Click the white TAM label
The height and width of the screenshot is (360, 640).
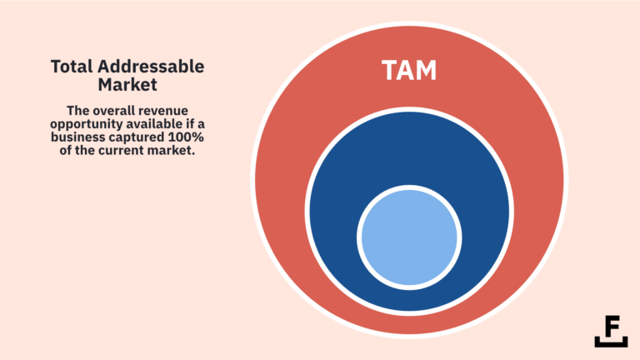pos(408,70)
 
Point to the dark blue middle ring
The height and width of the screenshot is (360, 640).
pos(333,208)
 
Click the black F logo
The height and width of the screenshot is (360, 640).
pos(611,331)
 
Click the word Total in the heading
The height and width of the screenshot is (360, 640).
pos(69,67)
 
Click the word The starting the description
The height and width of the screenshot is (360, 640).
pos(77,111)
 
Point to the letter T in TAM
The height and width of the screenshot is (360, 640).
pos(389,70)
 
